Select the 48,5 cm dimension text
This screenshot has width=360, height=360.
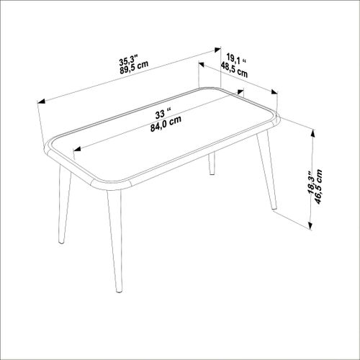(x=235, y=69)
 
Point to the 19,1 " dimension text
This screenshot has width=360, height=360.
(x=233, y=58)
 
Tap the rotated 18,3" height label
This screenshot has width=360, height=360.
(x=308, y=186)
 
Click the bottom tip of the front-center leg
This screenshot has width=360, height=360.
(x=120, y=291)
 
